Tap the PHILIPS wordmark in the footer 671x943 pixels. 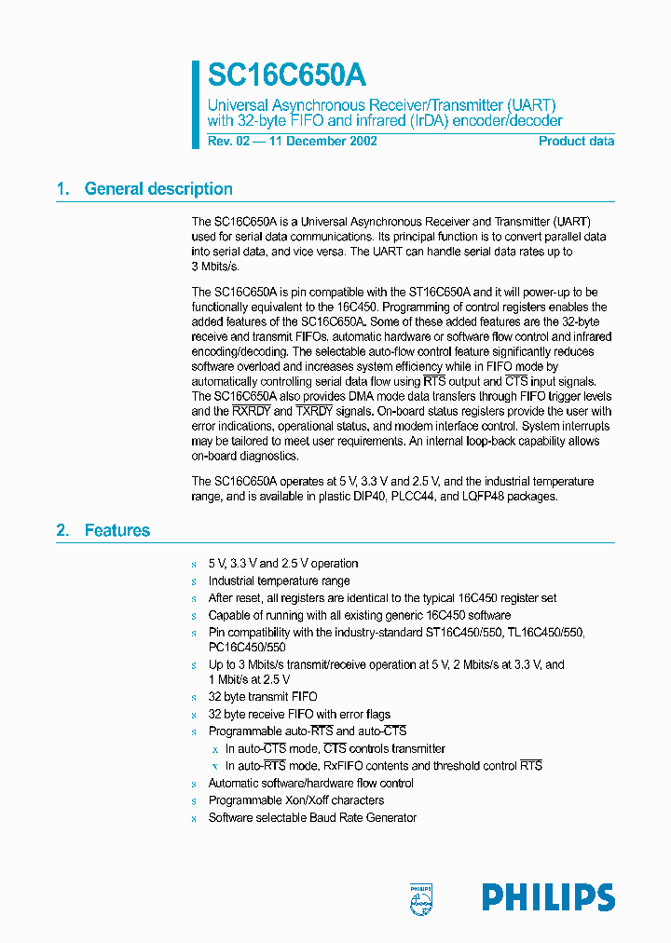tap(548, 897)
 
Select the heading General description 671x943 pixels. tap(158, 189)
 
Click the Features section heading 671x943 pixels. tap(116, 531)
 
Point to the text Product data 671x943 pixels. tap(576, 142)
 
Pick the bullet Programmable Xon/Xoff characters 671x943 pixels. tap(295, 800)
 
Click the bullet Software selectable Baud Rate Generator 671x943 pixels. tap(312, 818)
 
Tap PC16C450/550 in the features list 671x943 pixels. tap(247, 647)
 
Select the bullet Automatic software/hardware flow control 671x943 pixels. tap(310, 784)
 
